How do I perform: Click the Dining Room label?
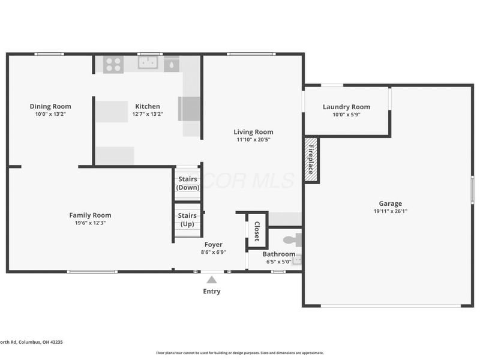[50, 106]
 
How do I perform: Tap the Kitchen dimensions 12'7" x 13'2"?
[148, 114]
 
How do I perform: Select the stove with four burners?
[113, 64]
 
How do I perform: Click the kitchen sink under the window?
[147, 62]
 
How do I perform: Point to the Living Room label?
[253, 132]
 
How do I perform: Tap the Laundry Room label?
[346, 107]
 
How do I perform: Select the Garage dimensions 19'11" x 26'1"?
[390, 211]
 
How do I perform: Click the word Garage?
[390, 203]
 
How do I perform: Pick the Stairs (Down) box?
[187, 184]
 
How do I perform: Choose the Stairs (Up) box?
[187, 220]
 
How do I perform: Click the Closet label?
[257, 230]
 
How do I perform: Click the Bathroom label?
[278, 254]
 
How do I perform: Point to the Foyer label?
[213, 244]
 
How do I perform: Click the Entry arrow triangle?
[211, 279]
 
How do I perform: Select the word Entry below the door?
[211, 292]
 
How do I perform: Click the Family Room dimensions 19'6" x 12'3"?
[90, 223]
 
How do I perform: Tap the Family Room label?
[90, 215]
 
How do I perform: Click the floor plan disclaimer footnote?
[240, 353]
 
